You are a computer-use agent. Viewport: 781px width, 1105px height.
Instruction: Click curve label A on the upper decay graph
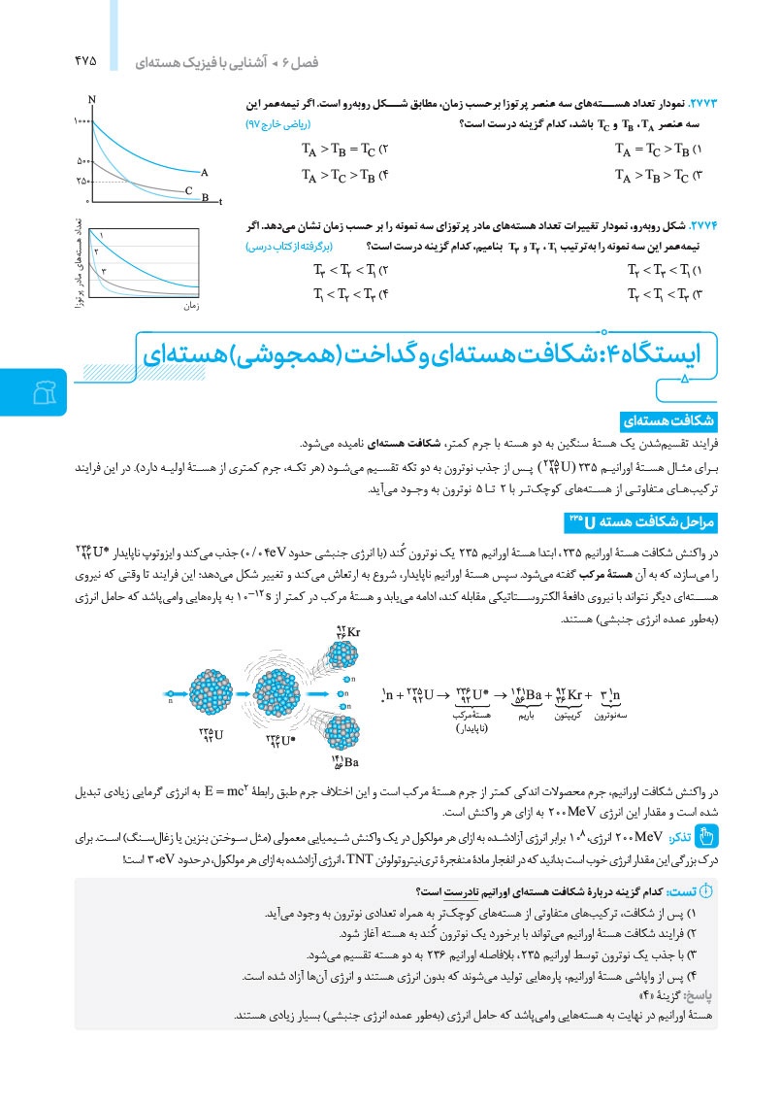205,171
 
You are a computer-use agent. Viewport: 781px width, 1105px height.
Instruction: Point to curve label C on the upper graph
189,190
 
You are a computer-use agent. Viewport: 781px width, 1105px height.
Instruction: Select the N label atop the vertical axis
90,100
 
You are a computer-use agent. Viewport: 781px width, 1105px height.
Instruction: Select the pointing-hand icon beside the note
706,835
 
